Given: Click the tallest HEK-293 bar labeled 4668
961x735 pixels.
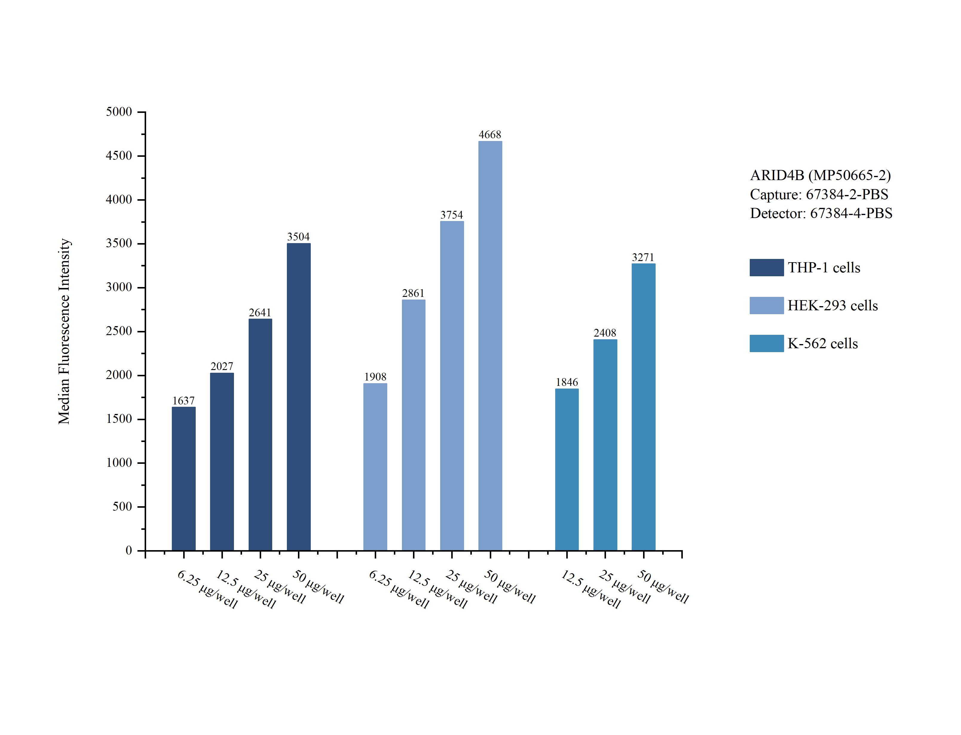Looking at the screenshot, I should tap(490, 346).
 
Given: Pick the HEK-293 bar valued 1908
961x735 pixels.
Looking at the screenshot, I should tap(375, 467).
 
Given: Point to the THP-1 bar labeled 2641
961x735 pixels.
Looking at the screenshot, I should tap(260, 435).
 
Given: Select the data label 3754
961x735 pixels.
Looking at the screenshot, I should tap(451, 215).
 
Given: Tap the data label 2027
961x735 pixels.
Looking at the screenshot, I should tap(221, 366).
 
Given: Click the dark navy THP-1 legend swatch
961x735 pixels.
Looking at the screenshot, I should tap(766, 267).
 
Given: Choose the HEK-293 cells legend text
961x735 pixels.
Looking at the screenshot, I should tap(832, 305).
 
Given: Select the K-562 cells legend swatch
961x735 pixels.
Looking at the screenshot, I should tap(766, 343).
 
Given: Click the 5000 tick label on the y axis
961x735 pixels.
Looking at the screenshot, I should tap(119, 112).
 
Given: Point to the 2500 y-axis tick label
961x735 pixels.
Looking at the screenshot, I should tap(119, 331).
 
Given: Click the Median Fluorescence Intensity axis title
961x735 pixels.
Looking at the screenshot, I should tap(64, 331).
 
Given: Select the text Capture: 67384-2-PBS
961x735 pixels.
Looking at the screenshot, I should tap(819, 194).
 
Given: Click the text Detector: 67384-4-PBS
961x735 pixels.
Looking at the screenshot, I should tap(821, 213).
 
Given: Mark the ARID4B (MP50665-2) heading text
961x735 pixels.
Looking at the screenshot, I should tap(820, 175).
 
